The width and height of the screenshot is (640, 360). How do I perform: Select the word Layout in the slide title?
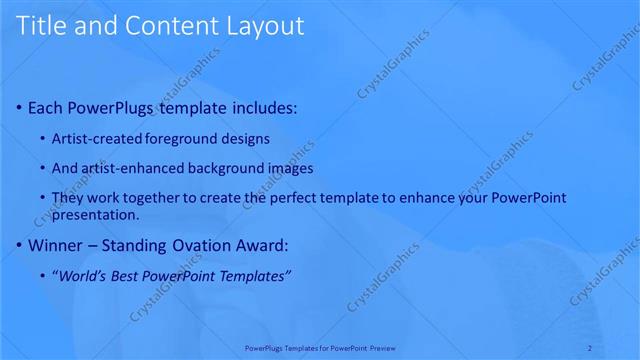coord(263,26)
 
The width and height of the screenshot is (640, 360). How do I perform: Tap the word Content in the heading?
coord(160,26)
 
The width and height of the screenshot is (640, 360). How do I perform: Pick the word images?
coord(292,168)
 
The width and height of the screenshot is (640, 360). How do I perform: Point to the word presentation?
coord(95,214)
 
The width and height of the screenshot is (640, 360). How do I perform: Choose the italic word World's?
coord(82,276)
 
